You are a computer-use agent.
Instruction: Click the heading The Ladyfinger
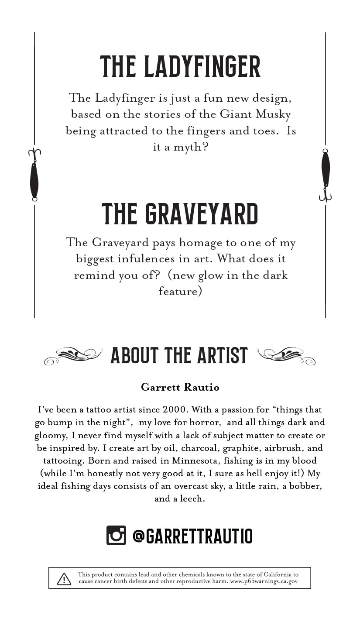click(180, 67)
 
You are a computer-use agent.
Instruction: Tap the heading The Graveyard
click(180, 213)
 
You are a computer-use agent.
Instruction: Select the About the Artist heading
click(179, 355)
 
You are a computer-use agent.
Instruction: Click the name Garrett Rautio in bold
click(180, 387)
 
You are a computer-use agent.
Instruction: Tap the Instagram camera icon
click(116, 535)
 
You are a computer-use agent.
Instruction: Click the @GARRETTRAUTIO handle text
click(192, 536)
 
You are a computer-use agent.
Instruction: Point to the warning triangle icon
click(64, 579)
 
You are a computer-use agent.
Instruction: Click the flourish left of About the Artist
click(73, 356)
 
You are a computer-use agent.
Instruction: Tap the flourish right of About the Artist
click(286, 356)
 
